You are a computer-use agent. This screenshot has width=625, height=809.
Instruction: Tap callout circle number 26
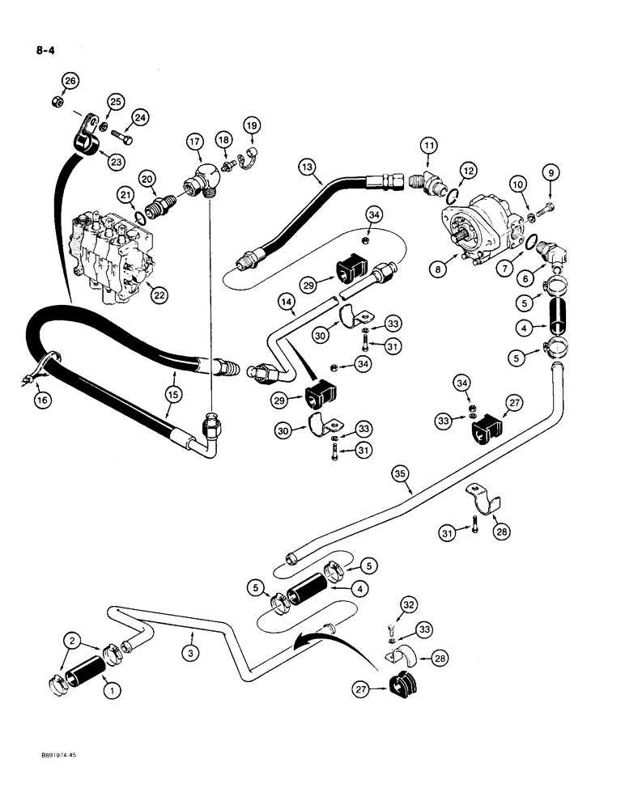click(70, 81)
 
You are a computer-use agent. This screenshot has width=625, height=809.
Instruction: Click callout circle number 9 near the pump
click(554, 172)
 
